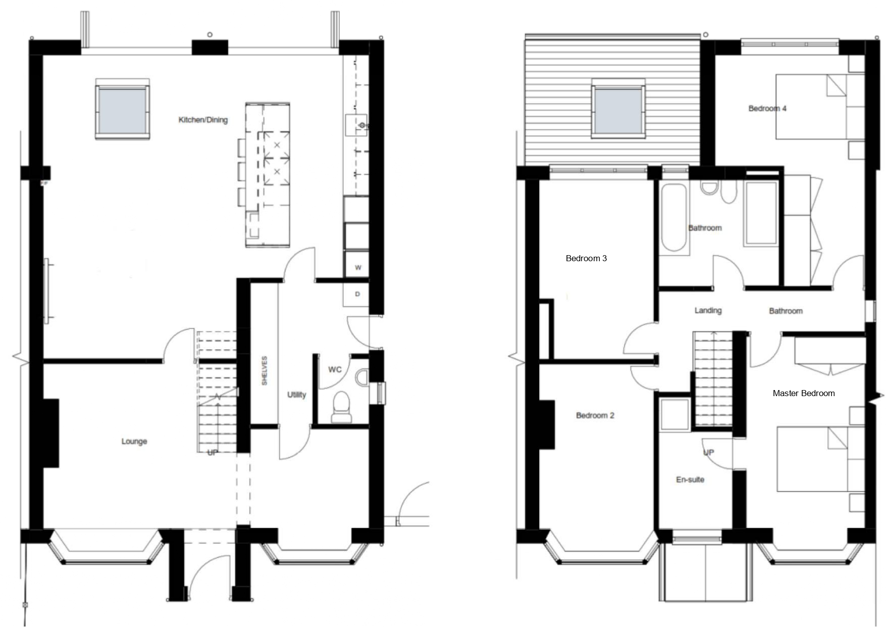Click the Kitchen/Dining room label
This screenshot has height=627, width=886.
(203, 120)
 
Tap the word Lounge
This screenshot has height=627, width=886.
(134, 441)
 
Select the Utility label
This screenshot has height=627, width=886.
(296, 395)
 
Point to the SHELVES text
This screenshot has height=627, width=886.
(264, 371)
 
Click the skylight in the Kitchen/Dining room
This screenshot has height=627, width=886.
(122, 109)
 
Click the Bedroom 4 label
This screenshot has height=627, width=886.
(767, 108)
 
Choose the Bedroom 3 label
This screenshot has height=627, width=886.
(586, 258)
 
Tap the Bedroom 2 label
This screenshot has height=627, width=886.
(595, 415)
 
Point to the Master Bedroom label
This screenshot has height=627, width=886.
(804, 393)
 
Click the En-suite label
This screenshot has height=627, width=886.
(690, 479)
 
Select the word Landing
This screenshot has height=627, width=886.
(708, 310)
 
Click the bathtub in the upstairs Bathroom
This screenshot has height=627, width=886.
(674, 218)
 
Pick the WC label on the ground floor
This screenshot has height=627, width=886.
(335, 369)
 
